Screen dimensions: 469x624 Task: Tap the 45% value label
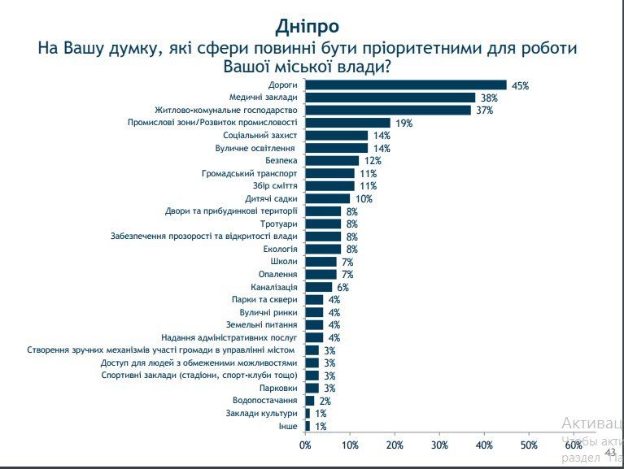click(x=521, y=85)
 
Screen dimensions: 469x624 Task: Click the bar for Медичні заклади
click(x=390, y=98)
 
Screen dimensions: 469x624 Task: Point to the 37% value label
click(x=485, y=111)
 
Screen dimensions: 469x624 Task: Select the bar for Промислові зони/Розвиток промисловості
click(x=347, y=123)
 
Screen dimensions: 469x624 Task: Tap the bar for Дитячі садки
click(x=327, y=198)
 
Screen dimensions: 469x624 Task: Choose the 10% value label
click(x=364, y=199)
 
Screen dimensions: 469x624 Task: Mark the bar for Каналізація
click(x=318, y=287)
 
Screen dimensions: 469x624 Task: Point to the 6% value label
click(x=343, y=288)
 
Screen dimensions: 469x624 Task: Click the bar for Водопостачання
click(x=309, y=401)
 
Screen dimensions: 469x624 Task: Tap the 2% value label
click(x=325, y=402)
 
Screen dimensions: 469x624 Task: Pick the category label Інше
click(x=288, y=426)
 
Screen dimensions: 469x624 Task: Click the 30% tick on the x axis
click(x=439, y=445)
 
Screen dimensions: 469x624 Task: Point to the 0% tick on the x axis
click(x=305, y=445)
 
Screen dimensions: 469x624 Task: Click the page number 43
click(x=611, y=452)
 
